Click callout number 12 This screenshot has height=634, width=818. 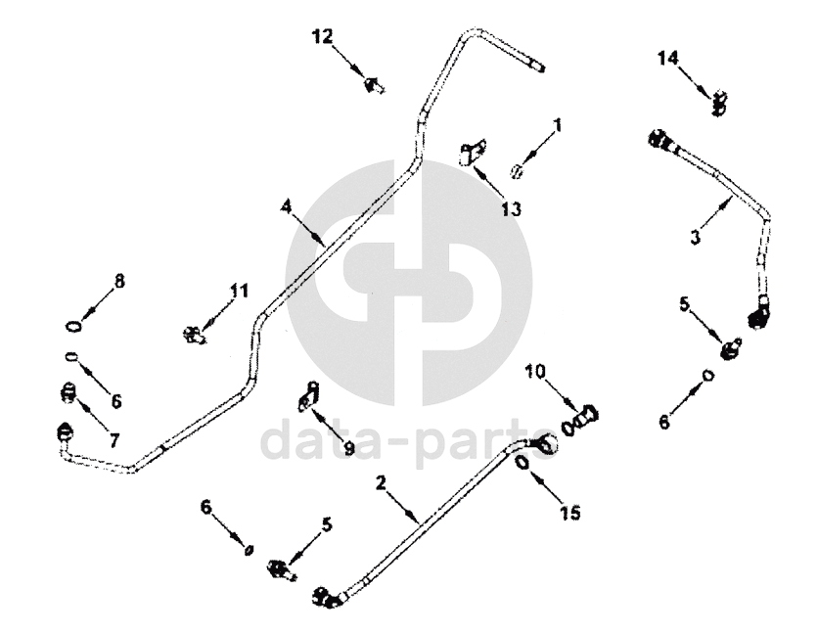pos(323,37)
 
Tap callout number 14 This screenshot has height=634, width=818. pos(667,60)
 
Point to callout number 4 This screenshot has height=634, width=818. pos(286,206)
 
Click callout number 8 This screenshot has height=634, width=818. pos(119,281)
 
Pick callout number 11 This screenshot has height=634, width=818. pos(240,290)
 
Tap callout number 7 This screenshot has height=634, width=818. pos(114,441)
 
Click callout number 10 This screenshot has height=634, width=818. pos(536,373)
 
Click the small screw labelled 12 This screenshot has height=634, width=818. pos(373,87)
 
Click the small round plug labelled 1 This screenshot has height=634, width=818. pos(521,171)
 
